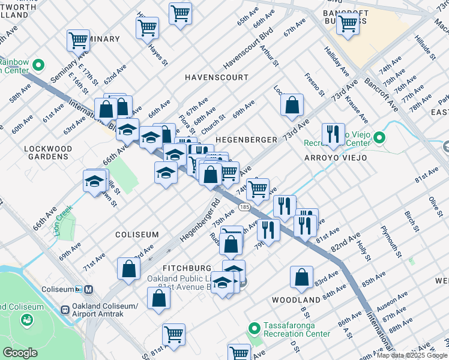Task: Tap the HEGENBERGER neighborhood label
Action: (x=246, y=139)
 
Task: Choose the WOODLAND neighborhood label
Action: (x=296, y=299)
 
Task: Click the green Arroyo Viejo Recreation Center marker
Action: (x=379, y=139)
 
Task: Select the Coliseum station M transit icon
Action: (x=89, y=289)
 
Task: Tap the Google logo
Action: (x=20, y=353)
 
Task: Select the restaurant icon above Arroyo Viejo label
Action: (x=333, y=134)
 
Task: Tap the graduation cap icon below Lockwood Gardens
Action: (x=95, y=181)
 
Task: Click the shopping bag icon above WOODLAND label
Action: (x=301, y=277)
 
